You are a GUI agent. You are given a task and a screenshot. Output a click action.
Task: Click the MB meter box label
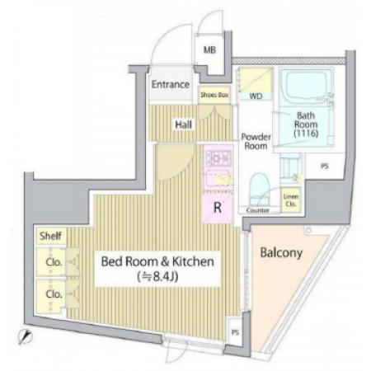click(x=209, y=50)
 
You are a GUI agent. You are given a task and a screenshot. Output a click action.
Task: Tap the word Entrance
click(x=171, y=84)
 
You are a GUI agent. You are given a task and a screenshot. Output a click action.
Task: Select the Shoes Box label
click(x=214, y=95)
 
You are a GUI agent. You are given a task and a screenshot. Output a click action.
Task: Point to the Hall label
click(x=184, y=124)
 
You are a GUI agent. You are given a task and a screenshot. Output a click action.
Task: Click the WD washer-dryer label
click(x=256, y=96)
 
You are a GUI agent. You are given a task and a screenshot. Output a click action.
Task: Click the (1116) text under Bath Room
click(x=306, y=134)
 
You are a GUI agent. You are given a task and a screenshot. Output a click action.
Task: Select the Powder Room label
click(x=256, y=141)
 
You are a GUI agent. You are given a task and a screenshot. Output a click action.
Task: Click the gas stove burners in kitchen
click(x=218, y=158)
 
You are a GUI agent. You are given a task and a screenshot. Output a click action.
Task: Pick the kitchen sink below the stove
click(x=218, y=178)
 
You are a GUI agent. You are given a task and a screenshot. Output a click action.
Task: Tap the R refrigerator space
click(x=218, y=208)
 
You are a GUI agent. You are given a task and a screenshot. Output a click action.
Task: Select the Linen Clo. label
click(x=291, y=200)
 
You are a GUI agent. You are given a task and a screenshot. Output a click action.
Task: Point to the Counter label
click(x=258, y=210)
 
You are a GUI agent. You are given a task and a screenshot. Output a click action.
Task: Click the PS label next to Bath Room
click(x=325, y=167)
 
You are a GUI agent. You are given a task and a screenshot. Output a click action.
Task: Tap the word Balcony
click(x=281, y=252)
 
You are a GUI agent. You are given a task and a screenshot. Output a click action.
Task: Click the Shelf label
click(x=50, y=236)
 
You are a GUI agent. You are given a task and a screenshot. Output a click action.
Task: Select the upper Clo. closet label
click(x=54, y=262)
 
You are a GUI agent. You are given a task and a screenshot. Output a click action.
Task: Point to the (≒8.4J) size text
click(x=157, y=277)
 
